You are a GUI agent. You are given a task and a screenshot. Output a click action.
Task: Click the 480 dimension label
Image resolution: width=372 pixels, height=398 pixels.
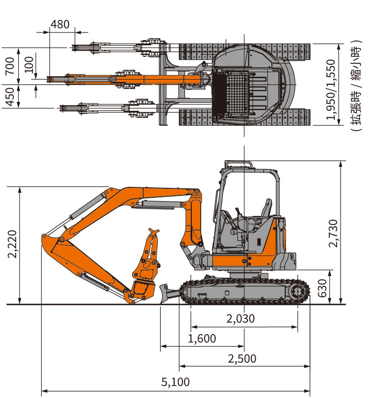point(60,24)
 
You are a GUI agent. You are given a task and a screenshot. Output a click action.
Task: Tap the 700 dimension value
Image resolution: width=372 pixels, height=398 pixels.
point(10,66)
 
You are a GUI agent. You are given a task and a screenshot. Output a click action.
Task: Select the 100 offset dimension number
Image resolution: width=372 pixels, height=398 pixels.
point(29,64)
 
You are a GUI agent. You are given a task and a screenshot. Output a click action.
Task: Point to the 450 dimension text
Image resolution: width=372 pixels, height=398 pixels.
point(10,97)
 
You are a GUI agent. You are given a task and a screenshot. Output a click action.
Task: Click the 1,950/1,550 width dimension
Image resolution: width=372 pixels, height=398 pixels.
point(331,89)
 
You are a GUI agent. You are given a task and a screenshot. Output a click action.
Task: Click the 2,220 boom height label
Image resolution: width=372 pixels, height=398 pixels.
point(12,244)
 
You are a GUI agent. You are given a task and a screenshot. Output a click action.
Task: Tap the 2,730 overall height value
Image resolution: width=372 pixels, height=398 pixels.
point(333,233)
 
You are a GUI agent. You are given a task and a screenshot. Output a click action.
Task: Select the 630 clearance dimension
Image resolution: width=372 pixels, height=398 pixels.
point(322,288)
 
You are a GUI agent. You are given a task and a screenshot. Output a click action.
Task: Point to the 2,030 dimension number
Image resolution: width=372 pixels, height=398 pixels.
point(240,318)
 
